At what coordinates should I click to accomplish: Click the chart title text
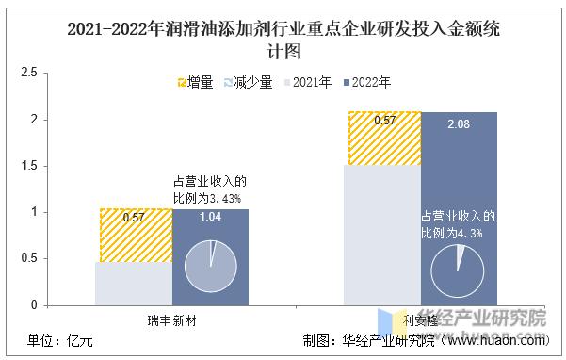[x=283, y=39]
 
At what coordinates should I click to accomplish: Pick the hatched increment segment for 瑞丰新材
[x=134, y=235]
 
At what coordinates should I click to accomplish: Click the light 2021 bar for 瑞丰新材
[x=134, y=283]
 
